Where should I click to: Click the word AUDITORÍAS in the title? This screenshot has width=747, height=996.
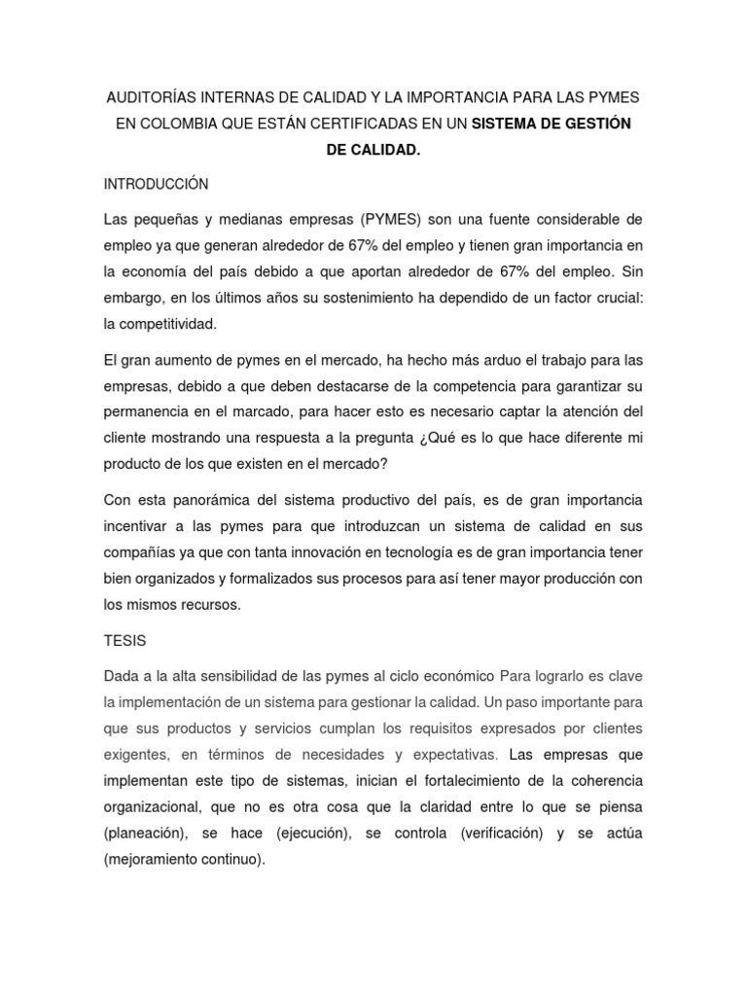147,99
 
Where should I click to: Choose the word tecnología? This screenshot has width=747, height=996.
471,552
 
